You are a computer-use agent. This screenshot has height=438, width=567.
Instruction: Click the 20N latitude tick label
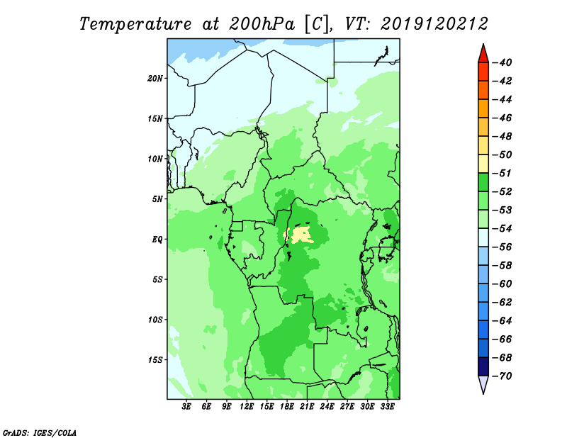point(155,78)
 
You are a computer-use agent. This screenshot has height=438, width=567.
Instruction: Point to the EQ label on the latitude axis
point(157,240)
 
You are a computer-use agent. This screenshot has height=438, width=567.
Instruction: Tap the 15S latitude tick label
point(155,360)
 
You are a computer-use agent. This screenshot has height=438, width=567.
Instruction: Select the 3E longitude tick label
point(186,406)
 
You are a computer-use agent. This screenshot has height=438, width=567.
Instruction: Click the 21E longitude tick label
point(307,406)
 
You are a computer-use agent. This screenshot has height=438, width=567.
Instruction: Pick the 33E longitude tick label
point(387,406)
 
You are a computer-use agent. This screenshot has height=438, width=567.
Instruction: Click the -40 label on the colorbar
point(502,62)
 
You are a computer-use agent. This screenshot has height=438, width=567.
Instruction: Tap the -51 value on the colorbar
point(502,173)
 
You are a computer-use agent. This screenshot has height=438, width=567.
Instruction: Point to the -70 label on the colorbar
point(502,376)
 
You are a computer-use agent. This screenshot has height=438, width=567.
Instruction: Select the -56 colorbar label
point(502,247)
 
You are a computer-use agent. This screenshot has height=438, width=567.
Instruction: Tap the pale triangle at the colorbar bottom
point(483,383)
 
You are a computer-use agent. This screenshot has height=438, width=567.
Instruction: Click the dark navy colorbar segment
point(483,366)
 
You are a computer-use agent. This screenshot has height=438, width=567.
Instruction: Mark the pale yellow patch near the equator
point(299,235)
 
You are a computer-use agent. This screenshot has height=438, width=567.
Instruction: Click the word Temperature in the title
point(135,25)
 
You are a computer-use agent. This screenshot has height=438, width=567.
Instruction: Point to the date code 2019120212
point(434,24)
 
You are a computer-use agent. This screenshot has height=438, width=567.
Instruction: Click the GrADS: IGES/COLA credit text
point(40,433)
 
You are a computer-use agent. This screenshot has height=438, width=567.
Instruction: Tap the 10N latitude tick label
point(155,159)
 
